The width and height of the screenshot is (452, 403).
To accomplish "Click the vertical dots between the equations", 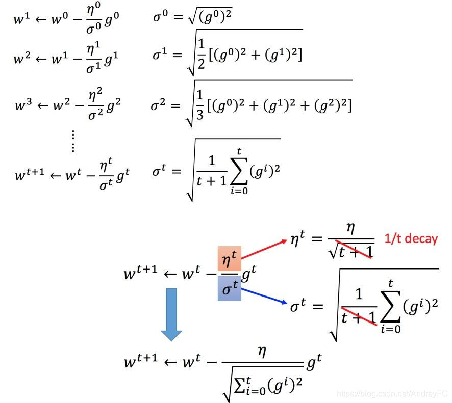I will click(x=73, y=141).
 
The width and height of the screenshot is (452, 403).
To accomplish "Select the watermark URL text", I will click(x=393, y=393).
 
